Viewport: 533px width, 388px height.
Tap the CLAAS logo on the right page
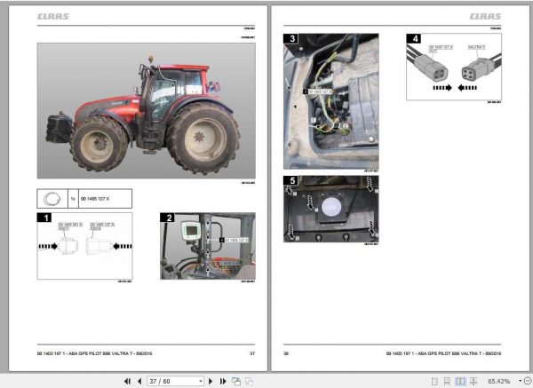click(x=485, y=15)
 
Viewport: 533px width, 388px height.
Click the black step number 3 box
click(x=290, y=39)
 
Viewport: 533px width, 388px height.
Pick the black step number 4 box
click(x=413, y=39)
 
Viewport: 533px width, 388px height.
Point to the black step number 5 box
click(x=290, y=182)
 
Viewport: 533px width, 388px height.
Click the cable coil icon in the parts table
click(x=52, y=199)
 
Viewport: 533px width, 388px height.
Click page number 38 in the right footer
click(x=286, y=352)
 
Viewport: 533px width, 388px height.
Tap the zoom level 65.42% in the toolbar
click(x=498, y=380)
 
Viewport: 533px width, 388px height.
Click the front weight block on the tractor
click(x=59, y=121)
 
